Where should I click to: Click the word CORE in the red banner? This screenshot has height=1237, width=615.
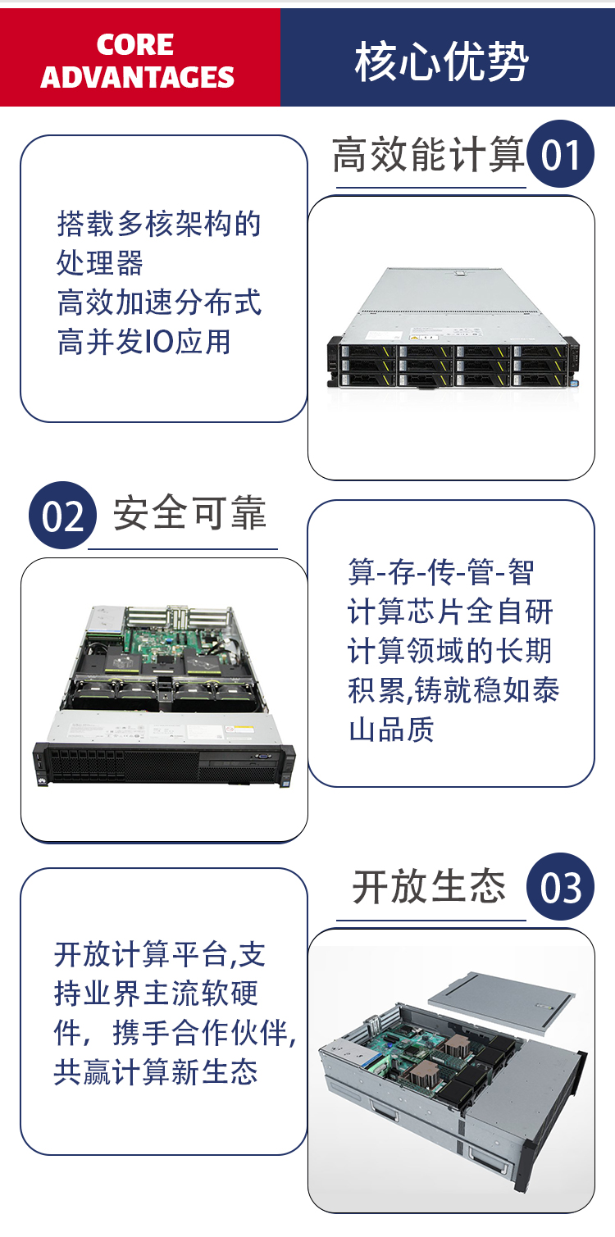[x=134, y=44]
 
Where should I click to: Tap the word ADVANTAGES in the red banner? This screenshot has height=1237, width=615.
[x=138, y=77]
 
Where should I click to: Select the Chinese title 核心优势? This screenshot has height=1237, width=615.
[x=441, y=61]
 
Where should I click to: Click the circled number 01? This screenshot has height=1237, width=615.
[x=560, y=154]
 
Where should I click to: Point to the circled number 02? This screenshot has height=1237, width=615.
[x=62, y=516]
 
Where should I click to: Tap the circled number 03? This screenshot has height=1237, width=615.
[x=560, y=887]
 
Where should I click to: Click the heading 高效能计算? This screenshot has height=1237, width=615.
[x=428, y=154]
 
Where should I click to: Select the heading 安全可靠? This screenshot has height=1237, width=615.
[x=189, y=513]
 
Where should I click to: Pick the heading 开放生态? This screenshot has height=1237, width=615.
[x=430, y=887]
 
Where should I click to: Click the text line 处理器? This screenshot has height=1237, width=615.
[x=100, y=262]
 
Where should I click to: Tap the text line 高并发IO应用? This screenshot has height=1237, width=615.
[x=144, y=341]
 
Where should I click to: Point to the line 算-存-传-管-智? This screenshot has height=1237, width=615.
[x=441, y=572]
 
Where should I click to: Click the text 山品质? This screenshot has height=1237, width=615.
[x=391, y=730]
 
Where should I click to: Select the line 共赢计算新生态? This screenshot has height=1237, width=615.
[x=156, y=1072]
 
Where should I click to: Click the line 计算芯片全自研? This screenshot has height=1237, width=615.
[x=450, y=612]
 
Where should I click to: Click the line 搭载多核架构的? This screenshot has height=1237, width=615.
[x=159, y=224]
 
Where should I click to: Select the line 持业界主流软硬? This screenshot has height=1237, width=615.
[x=156, y=993]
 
